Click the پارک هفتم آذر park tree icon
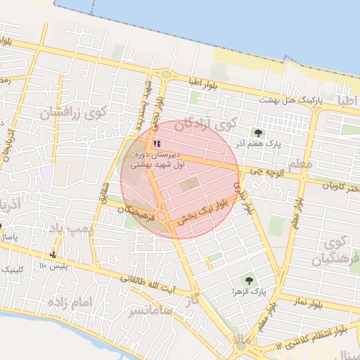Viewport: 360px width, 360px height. [x=258, y=132]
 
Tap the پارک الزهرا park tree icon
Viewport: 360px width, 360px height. [x=247, y=280]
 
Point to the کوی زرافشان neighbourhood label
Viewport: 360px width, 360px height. [x=72, y=112]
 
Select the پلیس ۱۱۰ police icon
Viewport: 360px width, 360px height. [x=53, y=255]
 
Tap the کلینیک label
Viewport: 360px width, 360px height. [x=19, y=269]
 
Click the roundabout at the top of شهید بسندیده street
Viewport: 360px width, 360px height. [x=166, y=74]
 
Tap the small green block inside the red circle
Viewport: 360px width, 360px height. [x=188, y=185]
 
